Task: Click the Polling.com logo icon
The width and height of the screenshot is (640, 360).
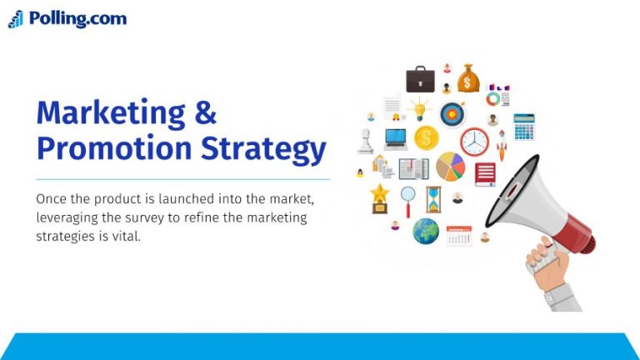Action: click(x=16, y=19)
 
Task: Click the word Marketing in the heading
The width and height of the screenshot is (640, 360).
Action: click(x=103, y=113)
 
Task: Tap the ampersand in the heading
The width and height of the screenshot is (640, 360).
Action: click(x=204, y=113)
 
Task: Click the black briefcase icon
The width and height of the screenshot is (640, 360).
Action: click(x=420, y=79)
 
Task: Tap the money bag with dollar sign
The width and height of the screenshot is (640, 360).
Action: click(x=468, y=79)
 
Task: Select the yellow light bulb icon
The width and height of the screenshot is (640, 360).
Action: click(x=418, y=109)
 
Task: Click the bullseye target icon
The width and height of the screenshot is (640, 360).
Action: click(x=452, y=112)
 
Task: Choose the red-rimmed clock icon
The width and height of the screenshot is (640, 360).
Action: click(x=474, y=142)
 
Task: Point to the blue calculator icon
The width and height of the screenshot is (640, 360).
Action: click(x=524, y=127)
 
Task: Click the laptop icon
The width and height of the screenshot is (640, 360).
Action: click(x=396, y=138)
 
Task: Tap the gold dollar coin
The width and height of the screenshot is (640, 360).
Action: click(x=426, y=138)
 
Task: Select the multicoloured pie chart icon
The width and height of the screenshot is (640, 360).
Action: click(x=450, y=167)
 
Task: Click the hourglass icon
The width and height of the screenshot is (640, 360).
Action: click(x=432, y=199)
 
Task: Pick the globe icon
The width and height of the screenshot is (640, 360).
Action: click(x=426, y=231)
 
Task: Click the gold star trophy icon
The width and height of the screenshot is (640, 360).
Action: click(x=380, y=198)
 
